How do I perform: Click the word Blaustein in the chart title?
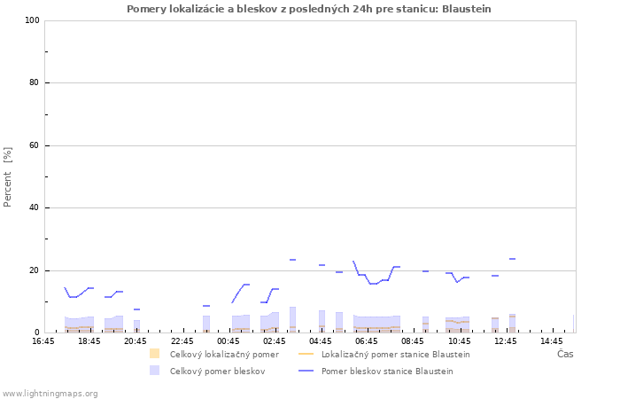[x=466, y=9]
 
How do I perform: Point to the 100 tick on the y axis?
[x=33, y=20]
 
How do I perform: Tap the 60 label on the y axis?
[x=35, y=145]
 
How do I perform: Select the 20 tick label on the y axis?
[x=35, y=270]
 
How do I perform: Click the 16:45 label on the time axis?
[x=43, y=341]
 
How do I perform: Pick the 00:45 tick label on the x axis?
[x=229, y=341]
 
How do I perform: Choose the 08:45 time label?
[x=413, y=341]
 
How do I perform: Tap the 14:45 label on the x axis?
[x=551, y=341]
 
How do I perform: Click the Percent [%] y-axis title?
[x=7, y=177]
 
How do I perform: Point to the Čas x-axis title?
[x=565, y=354]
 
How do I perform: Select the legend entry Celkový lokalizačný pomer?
[x=224, y=355]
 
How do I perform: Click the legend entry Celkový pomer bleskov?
[x=217, y=372]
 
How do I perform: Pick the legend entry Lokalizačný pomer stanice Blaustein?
[x=395, y=355]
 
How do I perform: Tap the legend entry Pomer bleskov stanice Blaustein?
[x=387, y=372]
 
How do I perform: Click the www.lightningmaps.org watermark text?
[x=50, y=394]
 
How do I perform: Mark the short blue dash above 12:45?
[x=512, y=259]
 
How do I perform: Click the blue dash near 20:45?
[x=136, y=309]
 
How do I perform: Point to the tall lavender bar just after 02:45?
[x=292, y=320]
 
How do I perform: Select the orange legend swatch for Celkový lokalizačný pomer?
[x=155, y=354]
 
